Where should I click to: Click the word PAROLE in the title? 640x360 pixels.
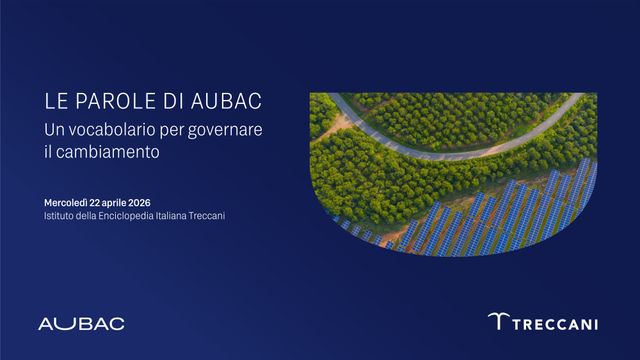pos(108,103)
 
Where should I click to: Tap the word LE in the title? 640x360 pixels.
pos(55,103)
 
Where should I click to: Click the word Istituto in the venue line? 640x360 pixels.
pos(60,215)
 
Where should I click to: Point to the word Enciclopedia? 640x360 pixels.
pos(128,215)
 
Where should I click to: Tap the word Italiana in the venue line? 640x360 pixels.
pos(178,215)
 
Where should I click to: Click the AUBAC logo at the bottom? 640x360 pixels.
pos(81,323)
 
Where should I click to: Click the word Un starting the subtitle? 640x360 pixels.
pos(54,130)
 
